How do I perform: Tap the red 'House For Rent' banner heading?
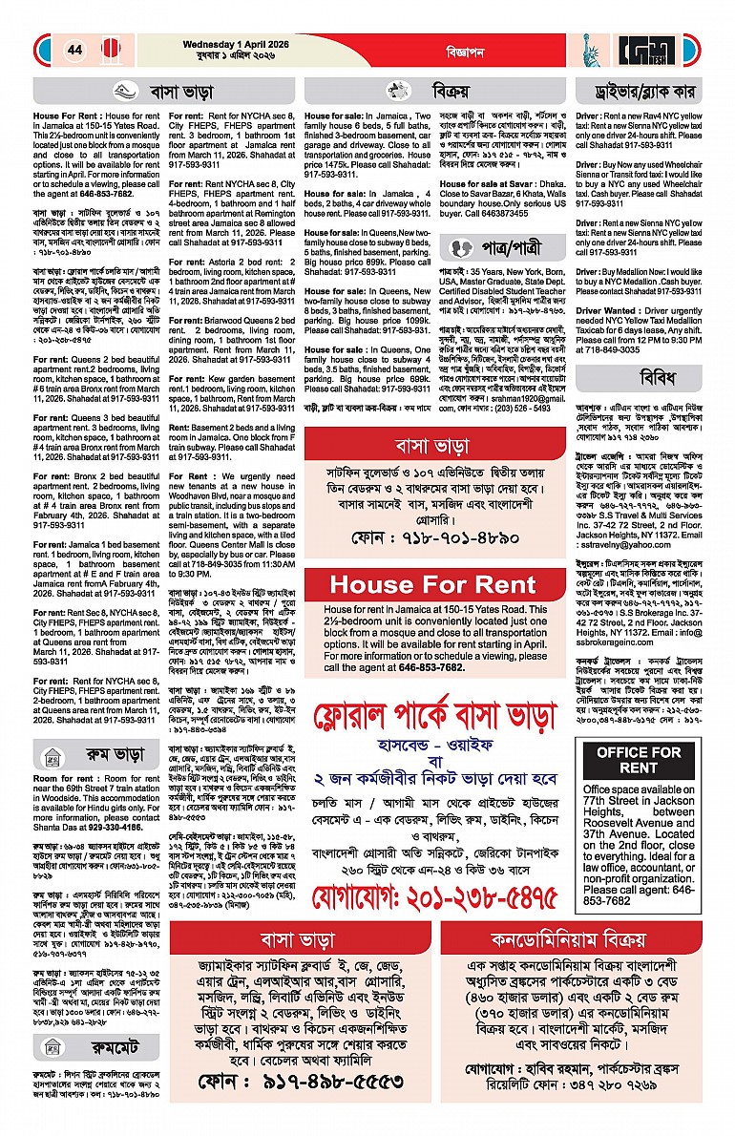tap(434, 583)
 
